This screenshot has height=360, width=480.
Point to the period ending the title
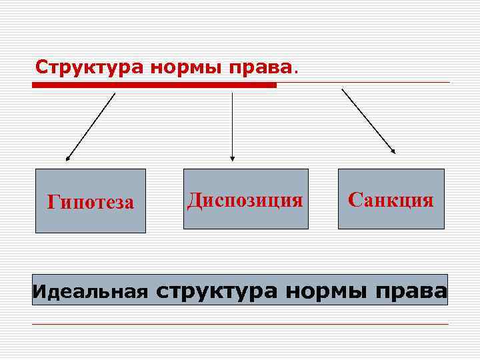pos(297,71)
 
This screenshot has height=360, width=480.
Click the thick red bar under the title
pos(154,85)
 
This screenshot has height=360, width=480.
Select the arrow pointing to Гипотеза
pos(91,126)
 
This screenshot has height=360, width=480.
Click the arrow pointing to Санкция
pos(367,120)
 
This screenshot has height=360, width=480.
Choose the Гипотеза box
pos(91,201)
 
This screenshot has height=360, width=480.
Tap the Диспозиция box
pos(245,199)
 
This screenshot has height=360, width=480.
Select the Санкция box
pos(391,199)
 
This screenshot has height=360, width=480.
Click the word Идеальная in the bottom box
pos(91,291)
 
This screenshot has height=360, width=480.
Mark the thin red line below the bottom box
pos(240,324)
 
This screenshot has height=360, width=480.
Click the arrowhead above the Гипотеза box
pos(67,159)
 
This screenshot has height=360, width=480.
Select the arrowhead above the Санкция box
pos(393,151)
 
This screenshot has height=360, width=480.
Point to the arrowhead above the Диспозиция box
pos(232,158)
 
